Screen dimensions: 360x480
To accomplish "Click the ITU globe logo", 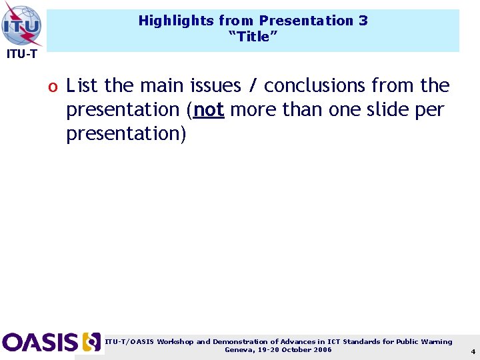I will pyautogui.click(x=22, y=25).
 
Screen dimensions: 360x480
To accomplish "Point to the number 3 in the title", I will pyautogui.click(x=363, y=21).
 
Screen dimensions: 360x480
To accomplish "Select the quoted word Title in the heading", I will pyautogui.click(x=253, y=37).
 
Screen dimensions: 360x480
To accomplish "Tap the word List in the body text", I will pyautogui.click(x=83, y=85).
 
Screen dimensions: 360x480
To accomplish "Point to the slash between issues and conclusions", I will pyautogui.click(x=252, y=85).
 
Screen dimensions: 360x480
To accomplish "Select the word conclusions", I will pyautogui.click(x=315, y=85).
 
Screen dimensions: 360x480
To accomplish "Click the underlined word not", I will pyautogui.click(x=208, y=109).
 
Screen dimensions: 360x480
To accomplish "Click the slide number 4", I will pyautogui.click(x=473, y=351).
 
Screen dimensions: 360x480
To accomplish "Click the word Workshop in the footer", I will pyautogui.click(x=175, y=341).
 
